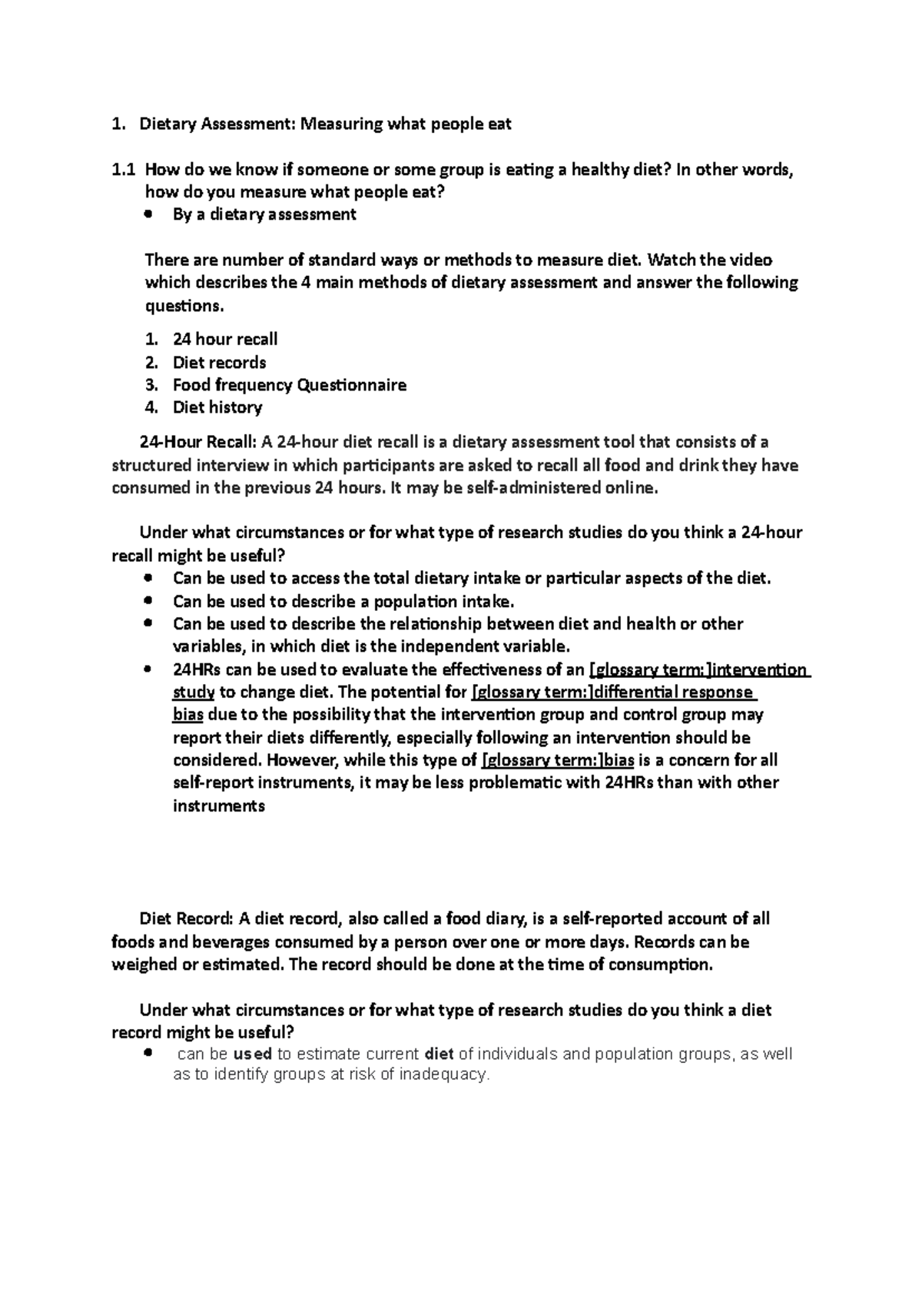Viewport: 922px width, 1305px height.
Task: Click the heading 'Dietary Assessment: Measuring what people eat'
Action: [325, 124]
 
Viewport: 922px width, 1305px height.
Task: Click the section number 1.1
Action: [123, 170]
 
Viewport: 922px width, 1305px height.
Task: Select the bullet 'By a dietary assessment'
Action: [264, 214]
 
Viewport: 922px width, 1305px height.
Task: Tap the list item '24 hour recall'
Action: [224, 339]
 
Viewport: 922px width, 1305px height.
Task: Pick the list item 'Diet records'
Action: [219, 362]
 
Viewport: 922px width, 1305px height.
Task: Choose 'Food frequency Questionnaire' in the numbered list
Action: [289, 385]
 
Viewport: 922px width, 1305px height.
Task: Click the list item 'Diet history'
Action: [217, 407]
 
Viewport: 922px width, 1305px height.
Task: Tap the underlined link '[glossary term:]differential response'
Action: [612, 692]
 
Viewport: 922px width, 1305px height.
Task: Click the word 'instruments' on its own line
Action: [218, 806]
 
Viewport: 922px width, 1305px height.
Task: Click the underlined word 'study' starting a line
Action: [193, 692]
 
